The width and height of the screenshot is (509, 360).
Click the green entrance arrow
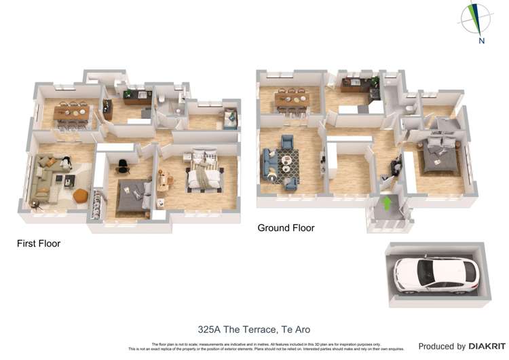[388, 202]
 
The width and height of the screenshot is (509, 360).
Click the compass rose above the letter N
[478, 18]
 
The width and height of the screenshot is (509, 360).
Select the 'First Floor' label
[39, 243]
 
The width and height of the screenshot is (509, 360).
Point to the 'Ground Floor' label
[286, 228]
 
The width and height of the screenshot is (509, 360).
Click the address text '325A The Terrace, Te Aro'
[254, 329]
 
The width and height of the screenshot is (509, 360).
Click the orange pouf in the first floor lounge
[79, 196]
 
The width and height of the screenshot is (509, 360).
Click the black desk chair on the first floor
[122, 165]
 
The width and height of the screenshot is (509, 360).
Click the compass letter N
[481, 41]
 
